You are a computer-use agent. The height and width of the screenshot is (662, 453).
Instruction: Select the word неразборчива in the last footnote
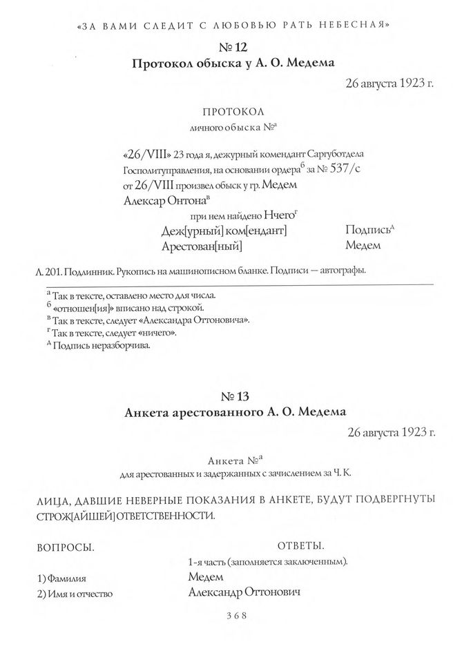click(119, 346)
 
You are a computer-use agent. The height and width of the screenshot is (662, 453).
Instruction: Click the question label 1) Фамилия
click(66, 578)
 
